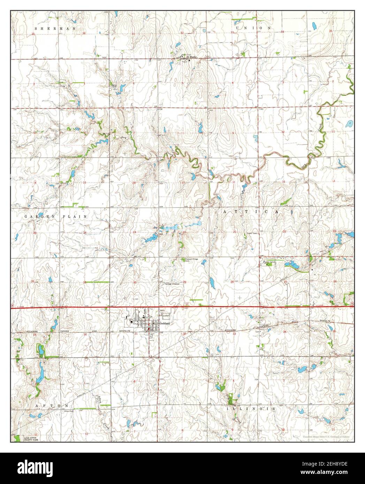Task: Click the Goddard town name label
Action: pyautogui.click(x=164, y=323)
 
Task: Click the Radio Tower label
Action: pyautogui.click(x=252, y=233)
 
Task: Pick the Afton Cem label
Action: pyautogui.click(x=69, y=411)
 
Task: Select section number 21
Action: pyautogui.click(x=235, y=232)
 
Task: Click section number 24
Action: pyautogui.click(x=85, y=232)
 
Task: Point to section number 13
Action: pyautogui.click(x=84, y=182)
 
